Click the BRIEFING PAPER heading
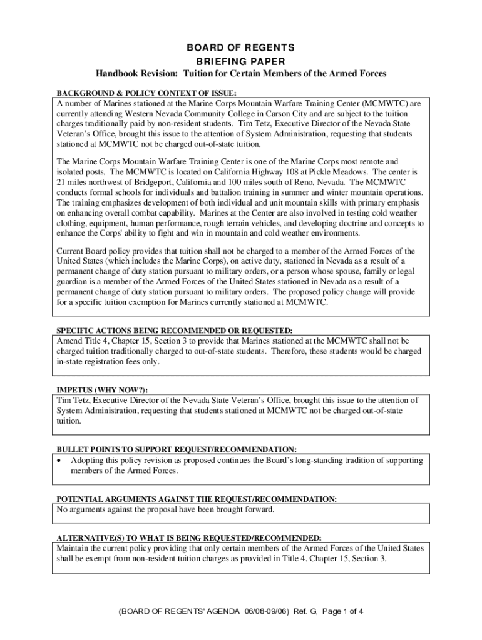(x=241, y=61)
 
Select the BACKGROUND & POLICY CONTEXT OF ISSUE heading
(x=147, y=92)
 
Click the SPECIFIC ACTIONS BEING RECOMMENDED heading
(x=175, y=330)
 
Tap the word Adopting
(x=90, y=461)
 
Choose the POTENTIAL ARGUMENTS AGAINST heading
(x=197, y=499)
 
